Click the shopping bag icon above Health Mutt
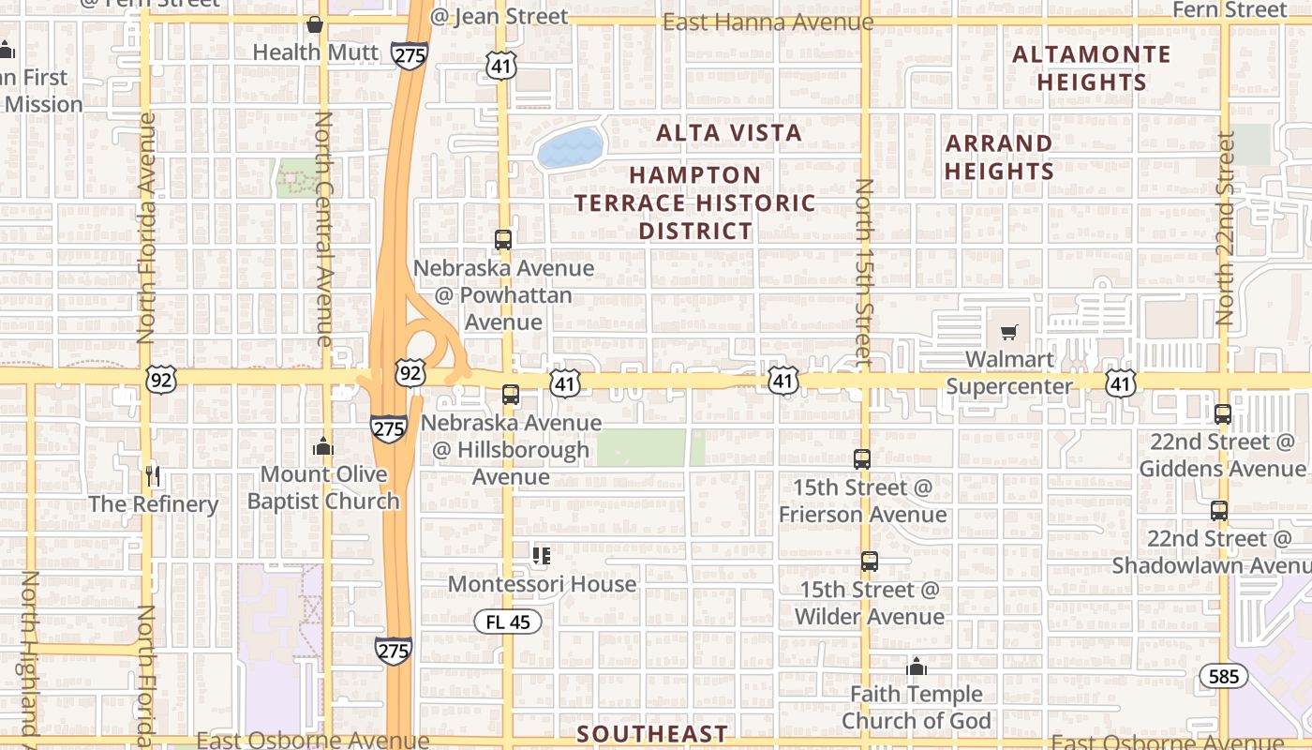[315, 24]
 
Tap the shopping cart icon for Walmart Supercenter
[1008, 332]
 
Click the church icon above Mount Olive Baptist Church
[323, 446]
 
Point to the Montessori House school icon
[541, 556]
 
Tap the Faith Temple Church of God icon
[917, 667]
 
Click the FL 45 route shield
[508, 621]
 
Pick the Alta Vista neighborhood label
[729, 133]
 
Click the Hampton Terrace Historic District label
[695, 202]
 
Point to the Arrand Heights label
[999, 157]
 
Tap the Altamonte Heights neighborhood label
[1092, 68]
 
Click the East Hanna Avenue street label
[768, 22]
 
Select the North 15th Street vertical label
[864, 272]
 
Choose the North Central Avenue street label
[324, 230]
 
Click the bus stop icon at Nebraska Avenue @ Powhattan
[503, 239]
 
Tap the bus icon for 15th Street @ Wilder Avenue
[870, 562]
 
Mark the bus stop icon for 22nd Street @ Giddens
[1223, 413]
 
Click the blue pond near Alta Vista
[569, 148]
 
